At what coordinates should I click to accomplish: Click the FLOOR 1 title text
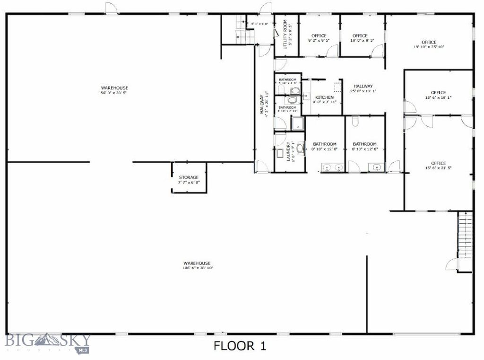[240, 346]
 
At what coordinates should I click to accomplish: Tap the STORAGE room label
[189, 178]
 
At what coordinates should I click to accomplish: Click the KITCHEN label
[325, 97]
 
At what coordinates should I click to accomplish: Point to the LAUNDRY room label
[288, 151]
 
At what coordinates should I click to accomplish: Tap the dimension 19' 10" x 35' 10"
[429, 47]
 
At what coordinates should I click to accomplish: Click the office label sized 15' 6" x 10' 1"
[438, 93]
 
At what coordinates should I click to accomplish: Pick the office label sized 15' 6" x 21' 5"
[438, 164]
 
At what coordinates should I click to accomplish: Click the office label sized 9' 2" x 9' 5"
[319, 36]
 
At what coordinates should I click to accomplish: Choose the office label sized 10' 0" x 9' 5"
[360, 36]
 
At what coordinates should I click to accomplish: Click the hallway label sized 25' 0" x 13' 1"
[363, 86]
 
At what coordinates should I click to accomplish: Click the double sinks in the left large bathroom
[333, 167]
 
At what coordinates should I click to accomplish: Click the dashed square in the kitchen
[338, 87]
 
